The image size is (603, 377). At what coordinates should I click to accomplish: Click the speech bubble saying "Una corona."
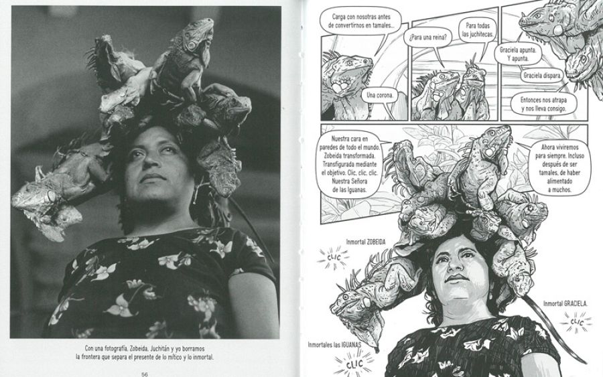(x=382, y=96)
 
